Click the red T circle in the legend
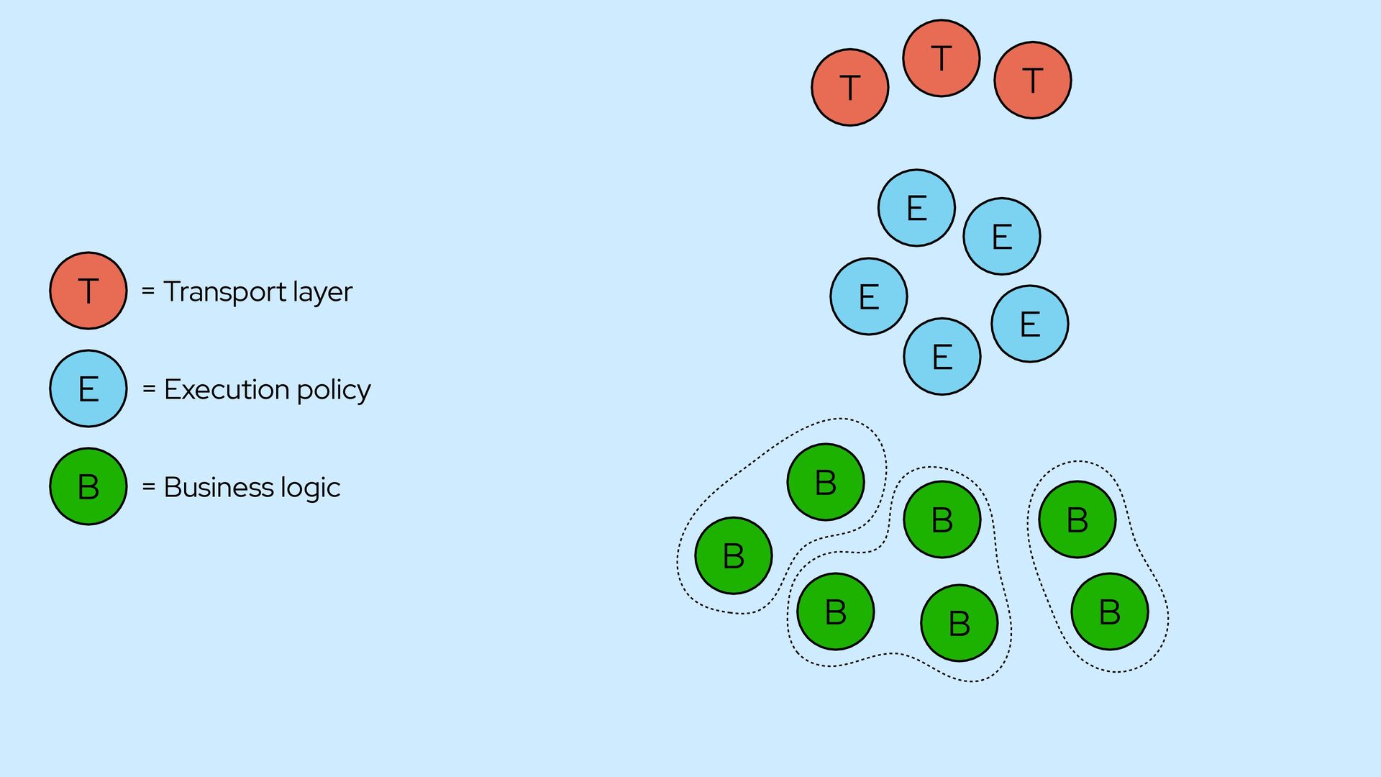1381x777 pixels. coord(88,291)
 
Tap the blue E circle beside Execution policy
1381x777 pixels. coord(88,388)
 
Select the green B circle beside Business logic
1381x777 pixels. coord(88,486)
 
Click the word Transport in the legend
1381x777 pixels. coord(225,292)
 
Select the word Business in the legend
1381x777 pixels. coord(219,487)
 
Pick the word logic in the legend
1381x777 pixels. coord(311,488)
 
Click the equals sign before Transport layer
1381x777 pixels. coord(148,291)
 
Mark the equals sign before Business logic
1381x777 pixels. coord(148,486)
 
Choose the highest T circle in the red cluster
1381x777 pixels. coord(941,58)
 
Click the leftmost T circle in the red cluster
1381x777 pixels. coord(849,88)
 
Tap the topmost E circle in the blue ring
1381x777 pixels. coord(916,208)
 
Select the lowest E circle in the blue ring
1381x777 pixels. coord(942,357)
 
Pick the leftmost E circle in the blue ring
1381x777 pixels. coord(868,296)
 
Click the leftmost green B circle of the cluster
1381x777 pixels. coord(733,555)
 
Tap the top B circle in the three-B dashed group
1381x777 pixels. coord(942,519)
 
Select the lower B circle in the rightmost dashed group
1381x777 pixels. coord(1109,612)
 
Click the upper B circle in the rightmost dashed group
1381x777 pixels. coord(1077,519)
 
